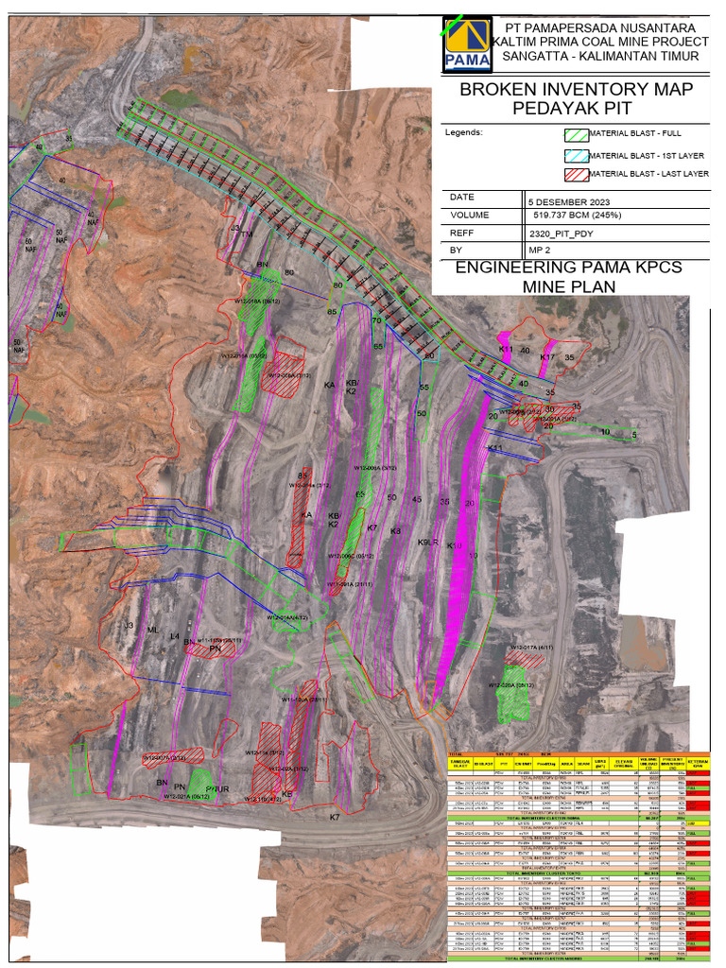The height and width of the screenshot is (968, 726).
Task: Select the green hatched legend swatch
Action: click(576, 135)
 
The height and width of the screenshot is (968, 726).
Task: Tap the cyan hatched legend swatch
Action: click(576, 155)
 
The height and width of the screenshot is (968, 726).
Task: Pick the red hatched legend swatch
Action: click(576, 175)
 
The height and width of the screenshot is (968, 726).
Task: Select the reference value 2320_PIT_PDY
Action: click(561, 233)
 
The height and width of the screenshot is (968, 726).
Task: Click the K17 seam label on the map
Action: click(547, 357)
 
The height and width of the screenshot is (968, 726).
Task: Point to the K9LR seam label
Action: click(428, 543)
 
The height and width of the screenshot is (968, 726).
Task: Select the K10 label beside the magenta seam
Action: click(454, 546)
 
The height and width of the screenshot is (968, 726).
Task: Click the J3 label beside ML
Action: click(129, 626)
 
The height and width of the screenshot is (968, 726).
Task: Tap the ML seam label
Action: click(153, 630)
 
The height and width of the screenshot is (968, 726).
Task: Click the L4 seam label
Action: click(175, 638)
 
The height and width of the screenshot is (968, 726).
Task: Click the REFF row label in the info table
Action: click(463, 233)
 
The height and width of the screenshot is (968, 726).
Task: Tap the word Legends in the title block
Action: click(463, 133)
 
